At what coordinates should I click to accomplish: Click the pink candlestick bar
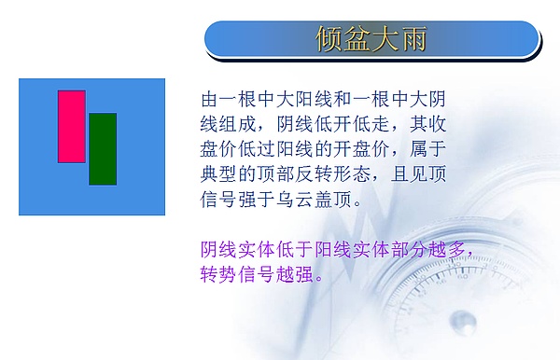tap(72, 126)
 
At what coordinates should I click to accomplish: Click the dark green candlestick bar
tap(103, 148)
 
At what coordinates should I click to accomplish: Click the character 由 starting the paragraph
tap(211, 99)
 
